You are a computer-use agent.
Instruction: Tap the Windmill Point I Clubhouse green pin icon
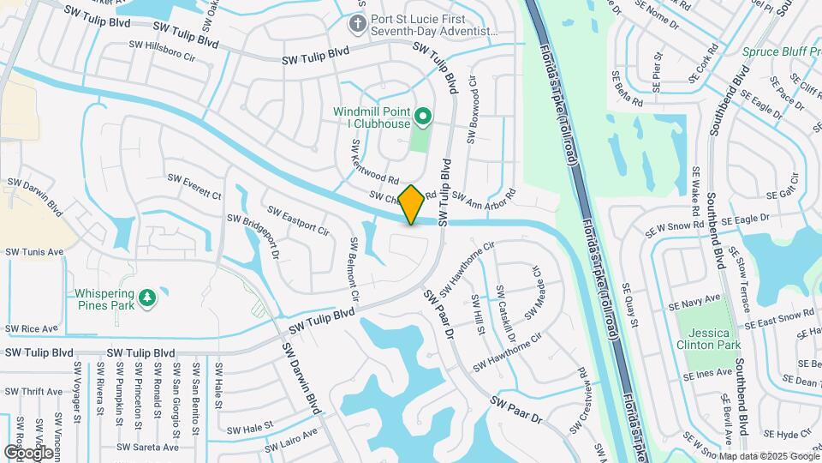pyautogui.click(x=421, y=116)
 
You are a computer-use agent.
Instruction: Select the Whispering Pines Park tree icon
pyautogui.click(x=148, y=297)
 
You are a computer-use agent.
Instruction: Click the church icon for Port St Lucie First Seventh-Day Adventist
pyautogui.click(x=359, y=23)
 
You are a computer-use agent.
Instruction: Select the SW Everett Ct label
pyautogui.click(x=194, y=187)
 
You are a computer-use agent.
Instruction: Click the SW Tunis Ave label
pyautogui.click(x=34, y=252)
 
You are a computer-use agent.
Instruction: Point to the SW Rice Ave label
pyautogui.click(x=31, y=328)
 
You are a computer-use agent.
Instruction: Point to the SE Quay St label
pyautogui.click(x=630, y=305)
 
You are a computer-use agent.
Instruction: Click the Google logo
pyautogui.click(x=27, y=452)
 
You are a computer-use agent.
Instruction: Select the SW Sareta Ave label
pyautogui.click(x=148, y=447)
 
